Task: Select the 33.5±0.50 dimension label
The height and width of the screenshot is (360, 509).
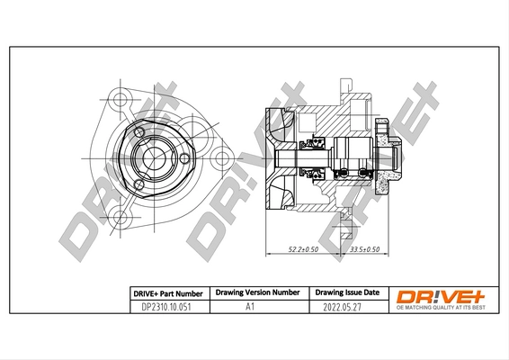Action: coord(363,249)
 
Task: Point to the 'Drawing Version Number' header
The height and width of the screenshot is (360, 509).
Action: coord(257,292)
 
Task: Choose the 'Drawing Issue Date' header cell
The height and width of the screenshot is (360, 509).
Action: coord(347,292)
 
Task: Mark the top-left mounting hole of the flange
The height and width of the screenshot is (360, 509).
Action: coord(121,97)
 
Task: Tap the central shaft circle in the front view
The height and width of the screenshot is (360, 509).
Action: coord(153,159)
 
